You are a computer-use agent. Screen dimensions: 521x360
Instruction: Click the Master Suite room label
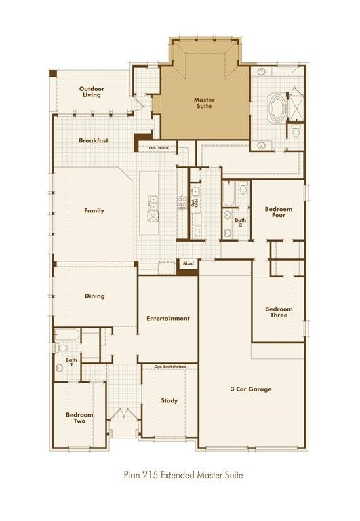[x=204, y=103]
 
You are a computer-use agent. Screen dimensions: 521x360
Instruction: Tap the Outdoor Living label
[x=90, y=92]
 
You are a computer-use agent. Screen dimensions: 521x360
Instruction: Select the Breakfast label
[x=94, y=141]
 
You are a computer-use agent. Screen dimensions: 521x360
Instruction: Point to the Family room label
[x=94, y=210]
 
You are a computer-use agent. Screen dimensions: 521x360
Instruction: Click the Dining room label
[x=94, y=296]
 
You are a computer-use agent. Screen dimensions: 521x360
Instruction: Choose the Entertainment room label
[x=168, y=318]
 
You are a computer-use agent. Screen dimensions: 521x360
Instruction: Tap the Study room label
[x=169, y=400]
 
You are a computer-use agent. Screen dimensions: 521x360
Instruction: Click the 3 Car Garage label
[x=250, y=389]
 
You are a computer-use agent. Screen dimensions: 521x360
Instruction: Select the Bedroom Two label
[x=79, y=417]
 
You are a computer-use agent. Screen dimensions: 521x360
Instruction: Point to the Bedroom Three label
[x=279, y=312]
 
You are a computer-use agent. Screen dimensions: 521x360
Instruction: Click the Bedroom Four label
[x=279, y=212]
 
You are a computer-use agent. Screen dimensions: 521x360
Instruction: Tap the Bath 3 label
[x=241, y=223]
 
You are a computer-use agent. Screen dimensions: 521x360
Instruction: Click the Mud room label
[x=188, y=263]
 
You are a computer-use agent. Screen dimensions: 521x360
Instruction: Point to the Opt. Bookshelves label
[x=169, y=367]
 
